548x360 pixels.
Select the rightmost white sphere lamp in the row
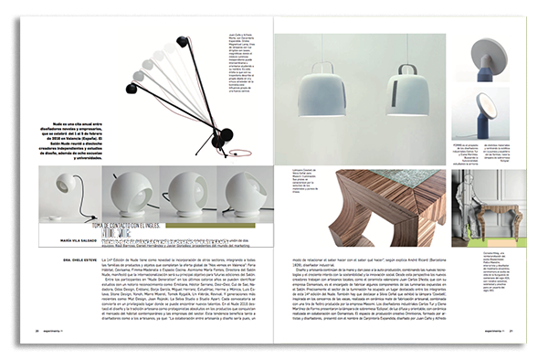[x=240, y=193]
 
